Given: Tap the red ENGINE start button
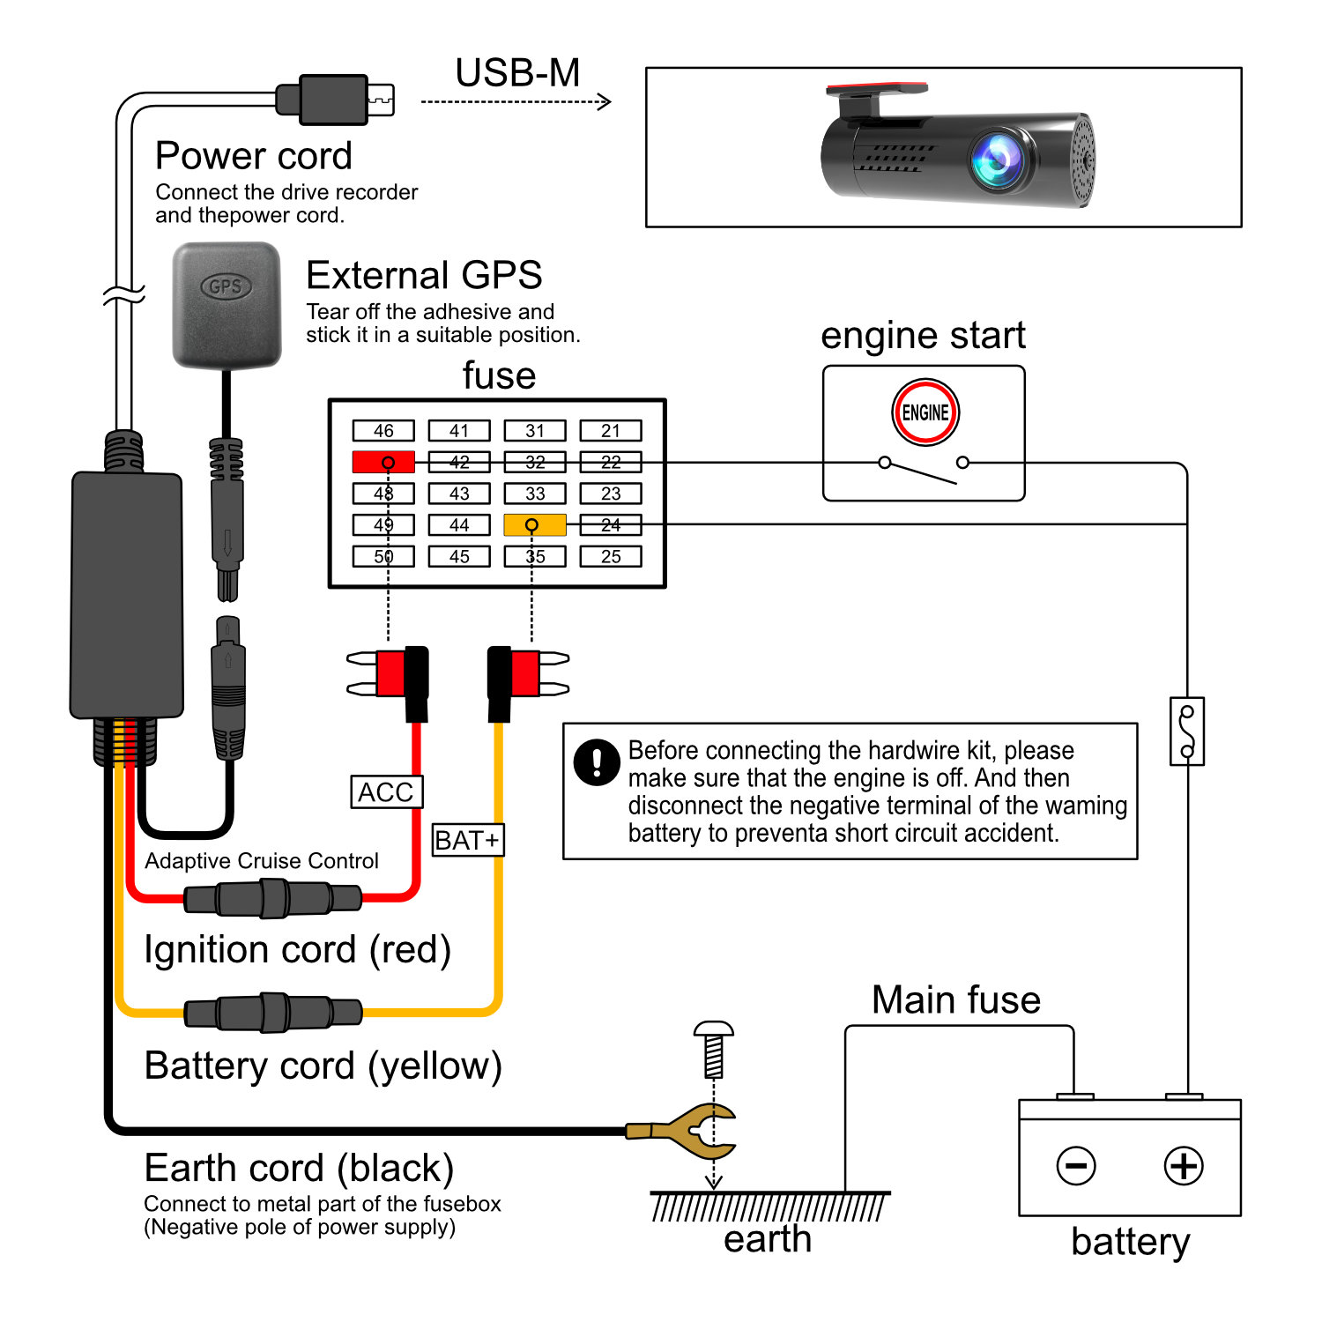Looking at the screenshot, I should [x=925, y=412].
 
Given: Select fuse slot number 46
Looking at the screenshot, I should [x=383, y=431].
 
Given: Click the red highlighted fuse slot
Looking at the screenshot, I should [x=383, y=462].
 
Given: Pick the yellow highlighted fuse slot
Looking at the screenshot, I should [x=534, y=525].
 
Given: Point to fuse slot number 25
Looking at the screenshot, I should [x=610, y=557].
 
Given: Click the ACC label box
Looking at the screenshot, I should [x=386, y=792].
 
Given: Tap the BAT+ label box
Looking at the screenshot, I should [x=467, y=840].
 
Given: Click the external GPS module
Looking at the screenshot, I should [x=227, y=304].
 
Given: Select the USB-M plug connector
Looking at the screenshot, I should [x=335, y=100].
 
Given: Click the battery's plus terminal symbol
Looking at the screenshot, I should [x=1183, y=1165].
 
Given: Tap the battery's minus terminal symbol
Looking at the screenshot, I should [x=1076, y=1165].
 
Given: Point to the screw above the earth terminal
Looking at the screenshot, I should [x=714, y=1049].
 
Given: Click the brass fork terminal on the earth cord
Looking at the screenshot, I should [x=696, y=1131].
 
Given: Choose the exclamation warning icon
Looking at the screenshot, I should [x=597, y=761].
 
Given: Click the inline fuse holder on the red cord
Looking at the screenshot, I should [x=273, y=899].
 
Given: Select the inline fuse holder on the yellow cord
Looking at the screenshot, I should [x=273, y=1013].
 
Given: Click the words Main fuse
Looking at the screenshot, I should [x=956, y=1000].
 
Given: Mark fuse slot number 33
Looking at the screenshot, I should [x=534, y=494].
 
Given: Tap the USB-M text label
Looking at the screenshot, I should [x=517, y=73].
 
